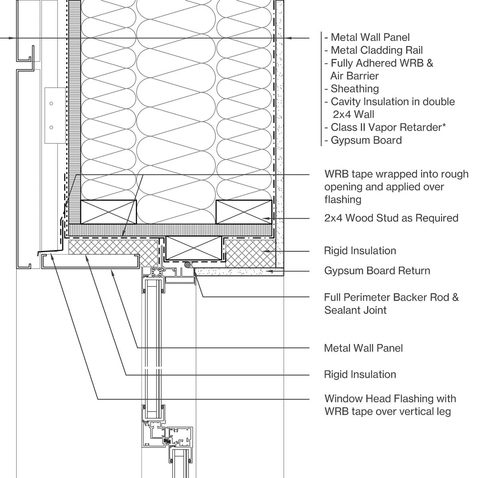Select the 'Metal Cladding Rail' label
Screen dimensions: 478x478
376,50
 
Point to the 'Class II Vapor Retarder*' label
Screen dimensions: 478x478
388,127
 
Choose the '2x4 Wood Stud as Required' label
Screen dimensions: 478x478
391,218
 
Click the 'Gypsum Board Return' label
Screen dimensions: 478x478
377,271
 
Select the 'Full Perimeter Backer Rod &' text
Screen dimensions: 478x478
391,297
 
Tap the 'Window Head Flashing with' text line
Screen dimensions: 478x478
390,399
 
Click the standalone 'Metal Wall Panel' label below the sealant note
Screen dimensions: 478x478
363,348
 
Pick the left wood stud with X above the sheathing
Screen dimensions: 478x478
108,212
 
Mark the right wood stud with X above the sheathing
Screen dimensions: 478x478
243,212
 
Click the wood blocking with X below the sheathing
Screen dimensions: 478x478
193,248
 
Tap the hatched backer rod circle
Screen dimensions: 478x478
186,264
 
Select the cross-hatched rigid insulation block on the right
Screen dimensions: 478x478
250,253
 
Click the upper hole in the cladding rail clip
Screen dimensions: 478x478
51,104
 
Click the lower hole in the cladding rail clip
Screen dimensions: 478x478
51,127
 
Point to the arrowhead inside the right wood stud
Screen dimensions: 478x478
266,218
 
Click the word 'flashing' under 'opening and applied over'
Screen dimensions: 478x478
343,200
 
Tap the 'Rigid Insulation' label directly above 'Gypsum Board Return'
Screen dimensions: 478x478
360,251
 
